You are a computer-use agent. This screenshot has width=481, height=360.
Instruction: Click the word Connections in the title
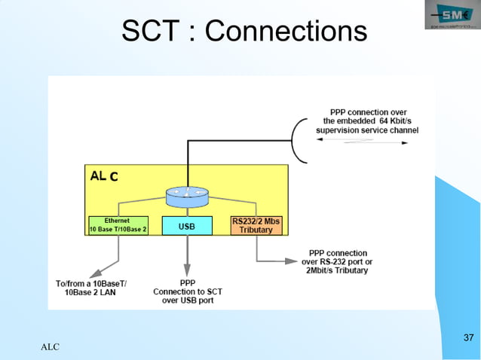(286, 32)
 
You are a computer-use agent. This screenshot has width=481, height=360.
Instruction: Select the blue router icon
(186, 197)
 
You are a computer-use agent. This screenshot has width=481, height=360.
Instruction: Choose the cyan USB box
(187, 225)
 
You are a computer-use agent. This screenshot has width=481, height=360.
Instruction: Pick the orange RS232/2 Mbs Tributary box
(256, 225)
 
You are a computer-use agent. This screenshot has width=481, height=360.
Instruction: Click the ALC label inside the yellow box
(104, 177)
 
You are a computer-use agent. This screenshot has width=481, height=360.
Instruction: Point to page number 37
(468, 336)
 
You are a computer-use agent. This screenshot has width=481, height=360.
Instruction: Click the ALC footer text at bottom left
(50, 347)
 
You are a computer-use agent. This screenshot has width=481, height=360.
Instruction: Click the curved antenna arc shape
(299, 141)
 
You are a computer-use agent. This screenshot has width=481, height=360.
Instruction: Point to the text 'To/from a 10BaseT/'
(92, 283)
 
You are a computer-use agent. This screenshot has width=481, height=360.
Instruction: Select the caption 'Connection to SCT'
(188, 291)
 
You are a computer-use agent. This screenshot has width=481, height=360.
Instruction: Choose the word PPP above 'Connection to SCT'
(188, 282)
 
